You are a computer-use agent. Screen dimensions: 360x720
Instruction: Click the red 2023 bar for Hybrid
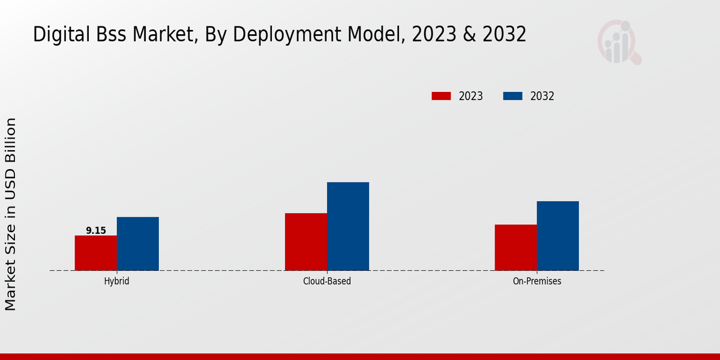96,253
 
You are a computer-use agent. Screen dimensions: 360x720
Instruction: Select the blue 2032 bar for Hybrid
138,244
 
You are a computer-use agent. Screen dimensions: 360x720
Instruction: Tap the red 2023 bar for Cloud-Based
306,242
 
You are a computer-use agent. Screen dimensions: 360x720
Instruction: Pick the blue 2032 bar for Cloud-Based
348,226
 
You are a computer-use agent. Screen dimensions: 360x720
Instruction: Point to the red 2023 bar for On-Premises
516,247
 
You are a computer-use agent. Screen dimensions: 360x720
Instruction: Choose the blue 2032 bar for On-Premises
558,236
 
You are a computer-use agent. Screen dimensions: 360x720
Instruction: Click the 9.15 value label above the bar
96,230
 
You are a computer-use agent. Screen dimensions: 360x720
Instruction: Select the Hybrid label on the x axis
116,281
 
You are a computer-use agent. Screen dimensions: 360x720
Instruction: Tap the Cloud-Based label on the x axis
327,281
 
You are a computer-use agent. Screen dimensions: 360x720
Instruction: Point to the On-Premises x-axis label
537,281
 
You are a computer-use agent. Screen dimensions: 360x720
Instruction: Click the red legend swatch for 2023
441,96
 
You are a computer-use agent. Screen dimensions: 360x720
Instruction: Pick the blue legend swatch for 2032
512,96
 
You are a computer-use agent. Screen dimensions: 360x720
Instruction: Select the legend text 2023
471,96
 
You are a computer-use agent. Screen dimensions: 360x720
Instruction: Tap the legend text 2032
542,96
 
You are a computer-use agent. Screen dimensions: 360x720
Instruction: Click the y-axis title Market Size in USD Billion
11,214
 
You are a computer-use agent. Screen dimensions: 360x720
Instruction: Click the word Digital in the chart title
56,35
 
